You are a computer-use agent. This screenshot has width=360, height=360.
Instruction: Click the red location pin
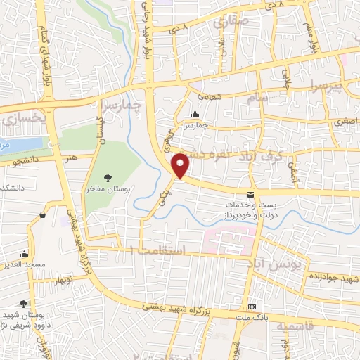click(x=181, y=165)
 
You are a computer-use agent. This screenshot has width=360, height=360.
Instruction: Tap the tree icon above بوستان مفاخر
click(x=108, y=179)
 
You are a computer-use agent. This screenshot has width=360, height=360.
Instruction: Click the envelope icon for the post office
click(x=251, y=194)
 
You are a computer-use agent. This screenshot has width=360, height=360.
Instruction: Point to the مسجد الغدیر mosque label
click(x=26, y=265)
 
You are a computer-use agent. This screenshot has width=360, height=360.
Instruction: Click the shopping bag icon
click(x=44, y=214)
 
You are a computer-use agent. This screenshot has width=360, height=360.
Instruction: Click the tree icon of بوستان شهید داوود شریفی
click(x=23, y=304)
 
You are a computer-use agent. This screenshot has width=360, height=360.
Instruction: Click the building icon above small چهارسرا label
click(x=195, y=115)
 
